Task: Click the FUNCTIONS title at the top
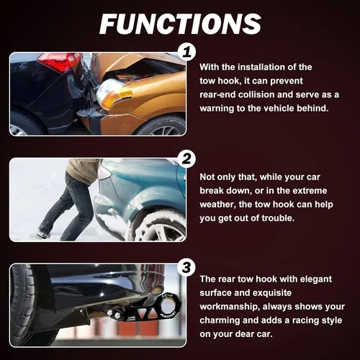click(x=180, y=24)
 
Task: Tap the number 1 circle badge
click(x=186, y=52)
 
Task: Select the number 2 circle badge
click(x=186, y=158)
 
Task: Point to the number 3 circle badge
click(x=186, y=267)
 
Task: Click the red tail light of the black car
click(x=59, y=61)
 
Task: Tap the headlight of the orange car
click(x=110, y=92)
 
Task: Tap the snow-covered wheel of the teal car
click(x=161, y=227)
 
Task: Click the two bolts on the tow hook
click(x=114, y=314)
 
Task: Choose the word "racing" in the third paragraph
click(x=306, y=320)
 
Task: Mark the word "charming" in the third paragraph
click(x=218, y=320)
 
